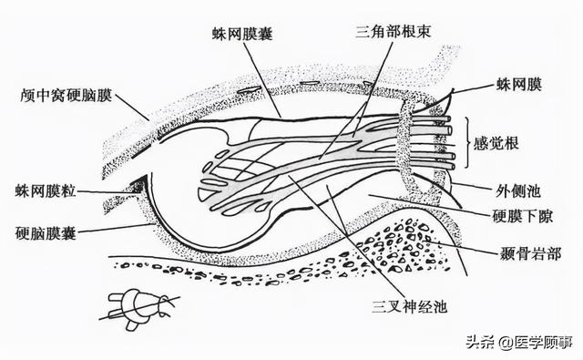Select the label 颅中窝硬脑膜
point(66,94)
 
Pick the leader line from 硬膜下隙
point(428,205)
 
